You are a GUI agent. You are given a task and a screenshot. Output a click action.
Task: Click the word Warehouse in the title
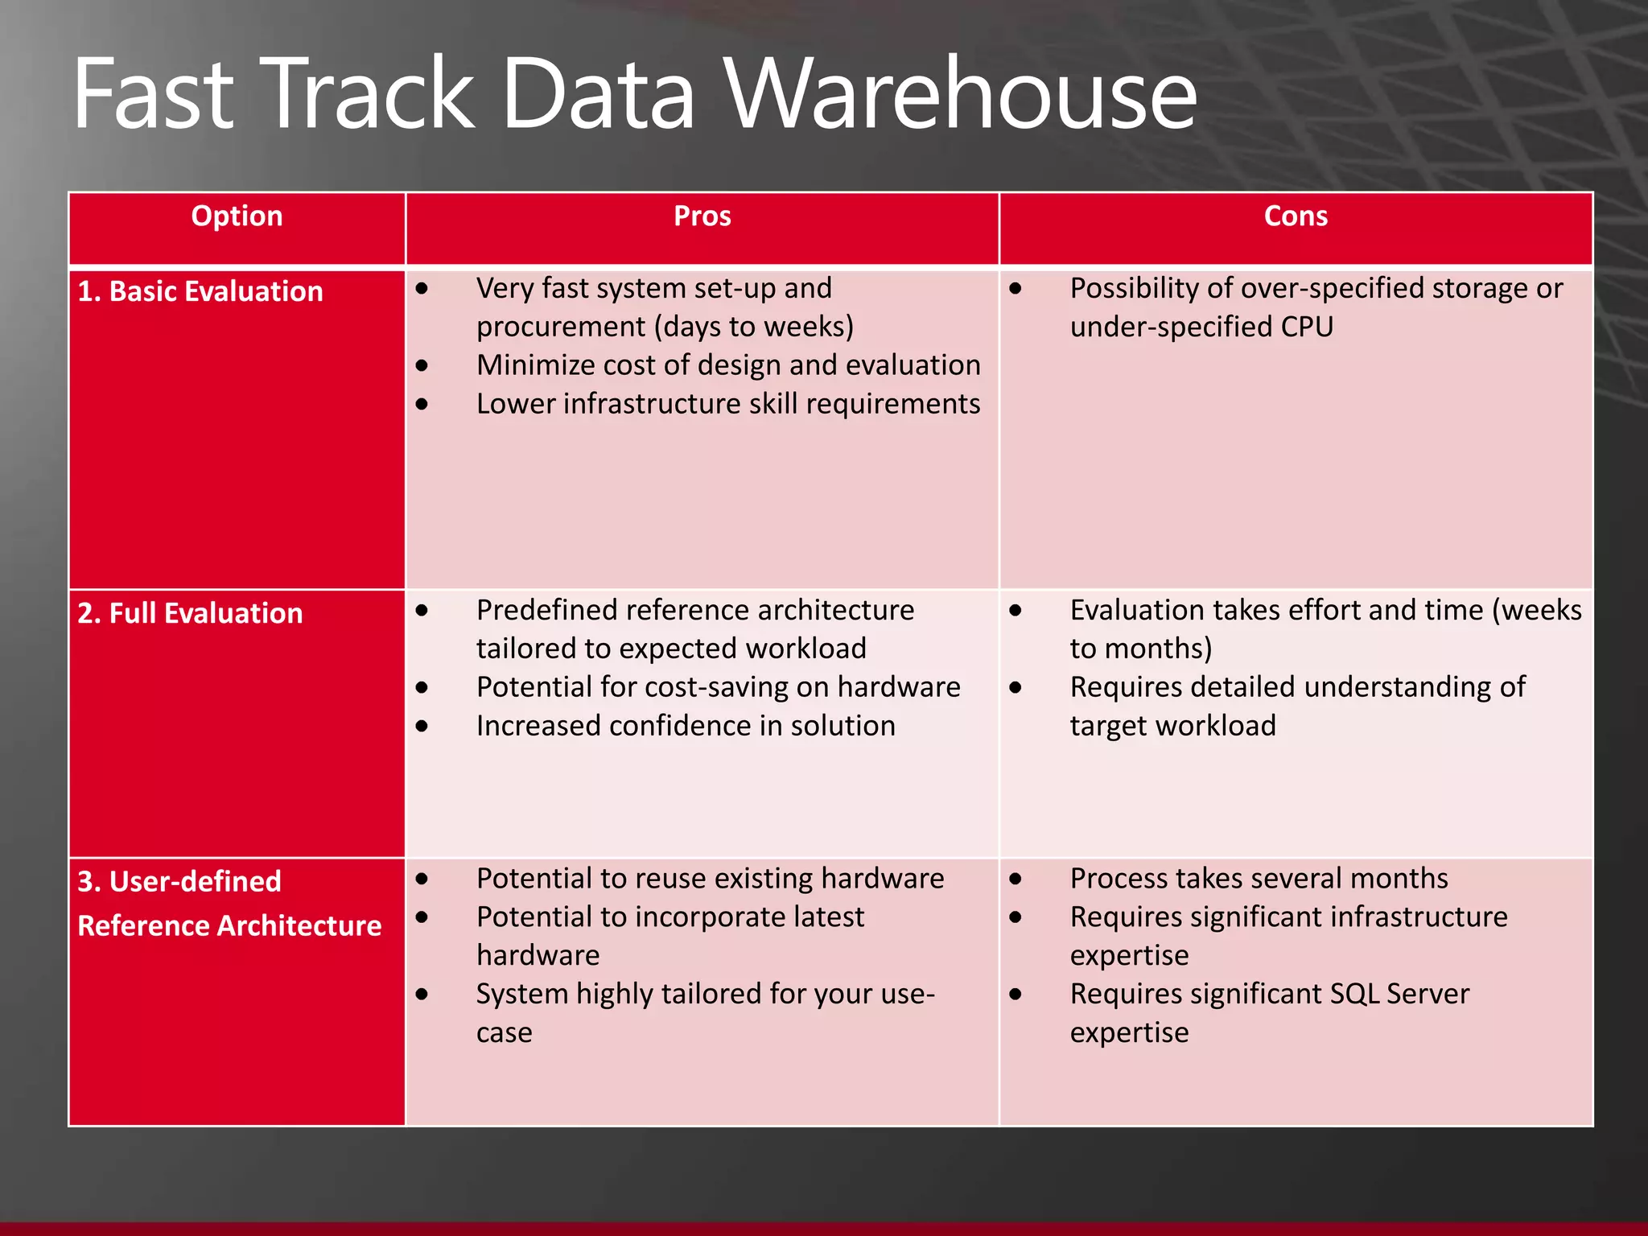click(x=962, y=95)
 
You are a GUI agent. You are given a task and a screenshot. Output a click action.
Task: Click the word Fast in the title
click(x=153, y=95)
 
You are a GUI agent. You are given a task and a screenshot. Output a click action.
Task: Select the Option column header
click(x=237, y=216)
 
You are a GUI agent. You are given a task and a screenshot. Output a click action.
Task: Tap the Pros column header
click(x=702, y=216)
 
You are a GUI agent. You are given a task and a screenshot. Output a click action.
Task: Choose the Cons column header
click(x=1295, y=216)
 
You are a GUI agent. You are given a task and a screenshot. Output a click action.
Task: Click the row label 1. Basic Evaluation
click(x=200, y=291)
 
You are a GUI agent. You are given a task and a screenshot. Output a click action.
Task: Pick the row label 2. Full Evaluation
click(x=190, y=613)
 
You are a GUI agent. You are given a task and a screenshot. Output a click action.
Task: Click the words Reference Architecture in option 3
click(x=229, y=925)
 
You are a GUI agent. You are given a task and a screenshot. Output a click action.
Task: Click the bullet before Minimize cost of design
click(x=422, y=366)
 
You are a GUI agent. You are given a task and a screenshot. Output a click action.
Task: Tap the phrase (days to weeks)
click(x=753, y=327)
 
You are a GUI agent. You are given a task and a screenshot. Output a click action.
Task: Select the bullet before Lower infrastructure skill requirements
click(x=422, y=405)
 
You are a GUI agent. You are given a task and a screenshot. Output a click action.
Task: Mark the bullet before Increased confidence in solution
click(x=422, y=727)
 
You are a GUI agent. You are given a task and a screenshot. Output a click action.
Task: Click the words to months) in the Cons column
click(x=1140, y=649)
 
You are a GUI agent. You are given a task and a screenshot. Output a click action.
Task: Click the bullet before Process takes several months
click(x=1016, y=880)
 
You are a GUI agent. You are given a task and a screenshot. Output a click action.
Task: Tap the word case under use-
click(x=504, y=1032)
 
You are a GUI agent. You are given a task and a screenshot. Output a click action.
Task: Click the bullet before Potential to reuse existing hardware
click(x=422, y=880)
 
